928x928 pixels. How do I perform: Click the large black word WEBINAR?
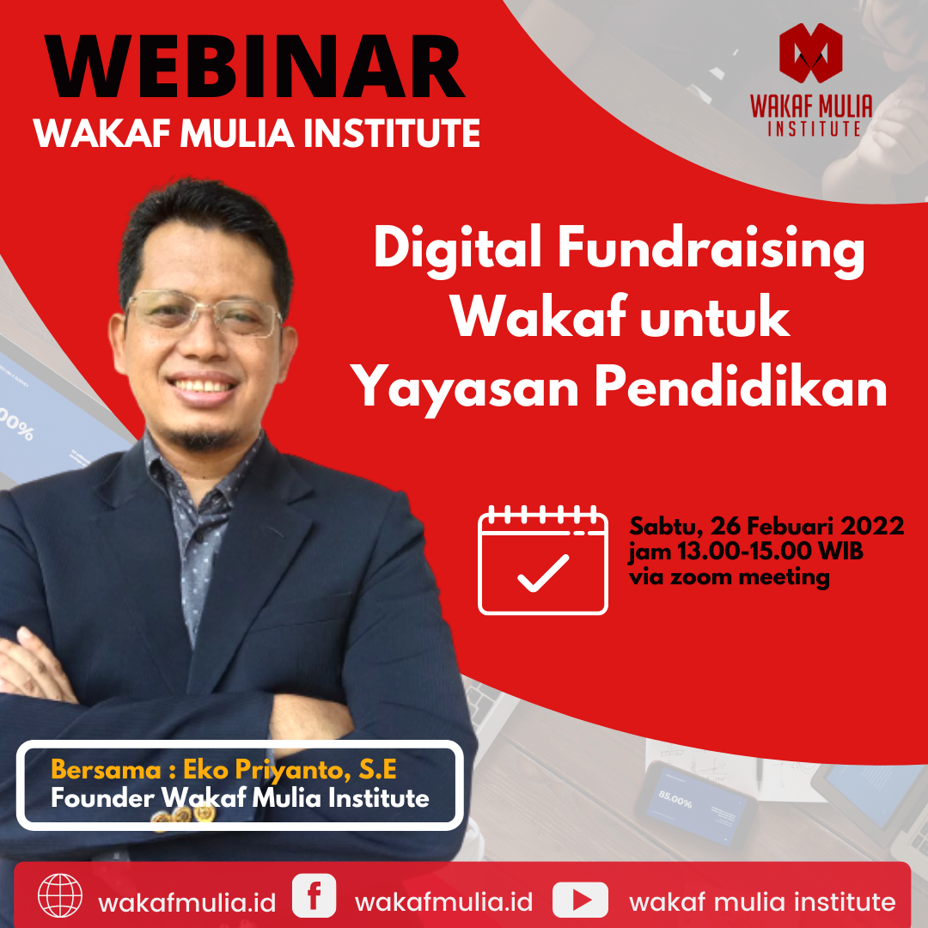coord(257,67)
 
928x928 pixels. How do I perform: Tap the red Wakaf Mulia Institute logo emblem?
coord(810,53)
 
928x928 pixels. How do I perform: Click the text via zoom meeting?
coord(730,577)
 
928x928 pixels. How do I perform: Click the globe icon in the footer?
coord(60,895)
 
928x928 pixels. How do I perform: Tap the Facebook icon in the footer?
coord(314,895)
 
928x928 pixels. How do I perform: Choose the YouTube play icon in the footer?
coord(580,899)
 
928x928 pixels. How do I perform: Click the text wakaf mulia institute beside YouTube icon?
coord(762,902)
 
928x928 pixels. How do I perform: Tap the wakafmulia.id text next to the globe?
coord(187,903)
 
